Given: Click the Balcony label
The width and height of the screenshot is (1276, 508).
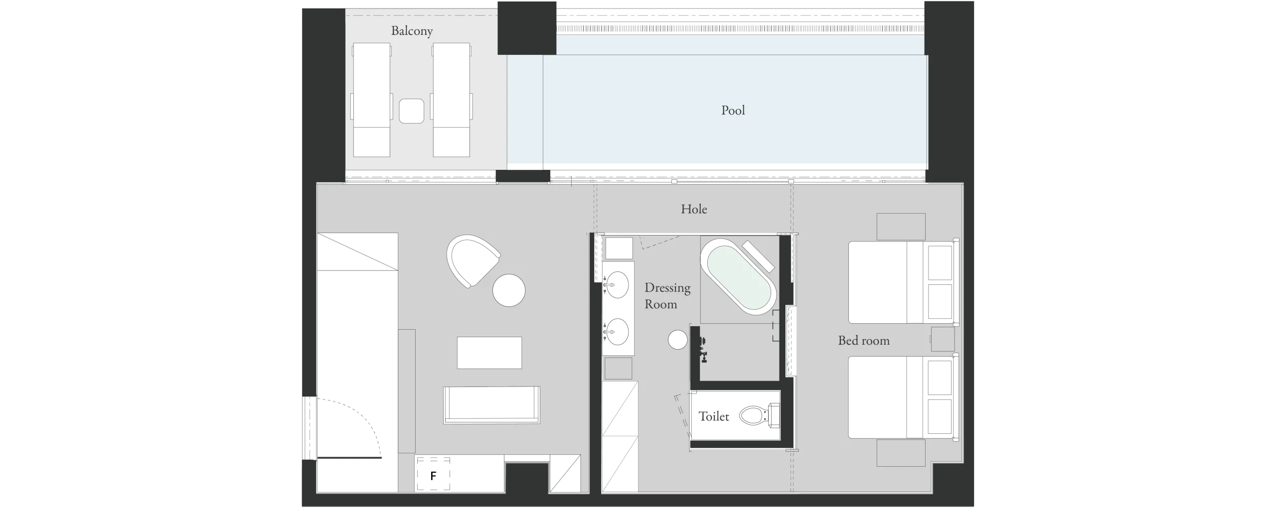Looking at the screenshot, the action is click(412, 31).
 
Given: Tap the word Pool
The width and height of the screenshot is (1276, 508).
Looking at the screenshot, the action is click(733, 110).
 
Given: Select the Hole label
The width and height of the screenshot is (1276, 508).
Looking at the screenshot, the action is click(694, 209).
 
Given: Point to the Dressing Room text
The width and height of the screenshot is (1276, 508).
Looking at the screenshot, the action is click(667, 296).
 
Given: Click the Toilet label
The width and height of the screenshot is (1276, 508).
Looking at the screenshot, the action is click(714, 416).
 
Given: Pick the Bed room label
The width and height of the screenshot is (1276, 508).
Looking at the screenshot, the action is click(864, 341).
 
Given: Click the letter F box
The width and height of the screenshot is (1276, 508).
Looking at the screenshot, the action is click(433, 474).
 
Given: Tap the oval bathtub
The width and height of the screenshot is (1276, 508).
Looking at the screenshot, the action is click(738, 276).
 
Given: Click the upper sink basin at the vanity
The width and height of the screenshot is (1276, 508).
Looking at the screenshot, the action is click(617, 285).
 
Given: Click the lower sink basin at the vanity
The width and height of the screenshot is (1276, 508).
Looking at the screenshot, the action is click(617, 332).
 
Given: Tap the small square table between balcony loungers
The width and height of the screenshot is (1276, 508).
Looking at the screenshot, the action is click(412, 111).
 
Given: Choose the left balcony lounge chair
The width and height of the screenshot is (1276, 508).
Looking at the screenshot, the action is click(371, 100).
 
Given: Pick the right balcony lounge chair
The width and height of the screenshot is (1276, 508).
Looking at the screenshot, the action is click(452, 100).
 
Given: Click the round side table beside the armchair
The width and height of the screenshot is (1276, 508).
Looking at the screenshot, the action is click(509, 290).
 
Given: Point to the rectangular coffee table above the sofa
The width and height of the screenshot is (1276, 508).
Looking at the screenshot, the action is click(489, 353).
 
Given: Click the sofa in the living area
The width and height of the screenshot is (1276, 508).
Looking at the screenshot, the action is click(491, 405).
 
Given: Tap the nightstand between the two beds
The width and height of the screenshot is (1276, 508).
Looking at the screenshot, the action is click(943, 339).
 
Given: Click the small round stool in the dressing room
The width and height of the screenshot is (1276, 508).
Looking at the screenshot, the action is click(678, 340).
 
